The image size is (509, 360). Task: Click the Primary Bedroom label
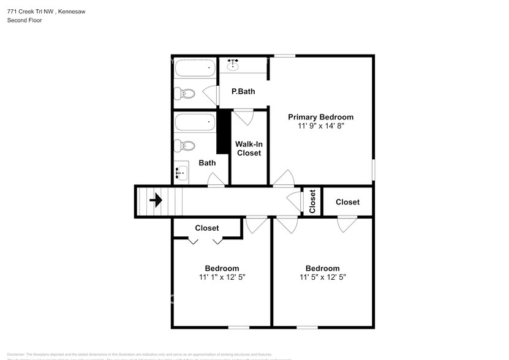(x=320, y=117)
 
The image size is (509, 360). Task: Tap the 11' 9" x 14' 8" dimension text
(x=320, y=126)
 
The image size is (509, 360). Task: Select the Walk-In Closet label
(x=249, y=148)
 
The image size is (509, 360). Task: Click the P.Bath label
(x=243, y=91)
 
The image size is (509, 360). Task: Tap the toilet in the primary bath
(x=184, y=94)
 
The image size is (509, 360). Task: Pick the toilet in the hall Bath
(x=184, y=146)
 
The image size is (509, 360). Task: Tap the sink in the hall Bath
(x=181, y=173)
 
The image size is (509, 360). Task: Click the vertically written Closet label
(x=312, y=201)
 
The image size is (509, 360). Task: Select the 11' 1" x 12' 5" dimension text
(x=222, y=277)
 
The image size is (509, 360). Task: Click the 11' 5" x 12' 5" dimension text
(x=323, y=277)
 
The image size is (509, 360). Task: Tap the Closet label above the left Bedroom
(x=207, y=228)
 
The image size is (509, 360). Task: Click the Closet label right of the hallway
(x=347, y=201)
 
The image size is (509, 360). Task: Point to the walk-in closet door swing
(x=243, y=116)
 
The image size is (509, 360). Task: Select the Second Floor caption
(x=25, y=20)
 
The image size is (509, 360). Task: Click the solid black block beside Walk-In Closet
(x=223, y=132)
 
